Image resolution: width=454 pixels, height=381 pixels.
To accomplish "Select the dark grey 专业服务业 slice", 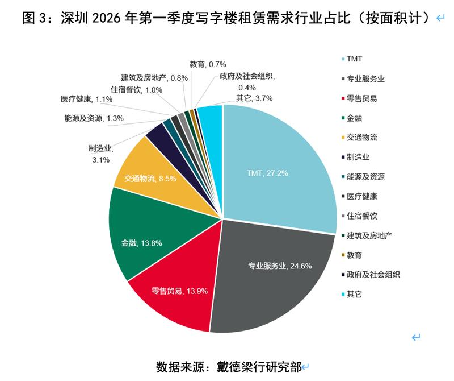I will pos(272,273).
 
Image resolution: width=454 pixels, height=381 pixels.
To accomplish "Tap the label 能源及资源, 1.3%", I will pos(94,119).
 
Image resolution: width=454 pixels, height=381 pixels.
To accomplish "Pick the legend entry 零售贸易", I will pos(362,98).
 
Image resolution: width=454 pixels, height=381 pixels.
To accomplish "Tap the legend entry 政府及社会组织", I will pos(373,275).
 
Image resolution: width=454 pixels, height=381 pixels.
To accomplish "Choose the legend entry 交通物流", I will pos(362,138).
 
